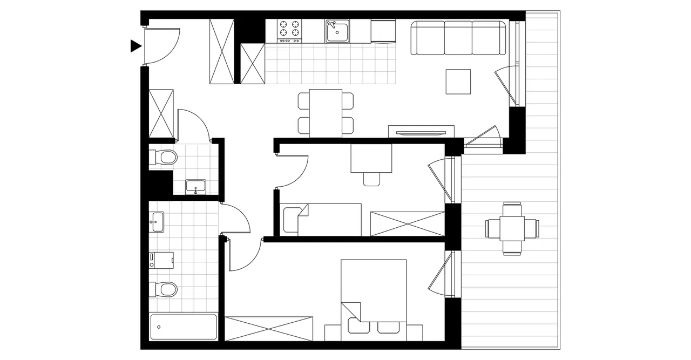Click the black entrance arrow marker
(136, 46)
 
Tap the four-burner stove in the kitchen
(289, 31)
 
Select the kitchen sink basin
(337, 31)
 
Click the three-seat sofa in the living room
(459, 38)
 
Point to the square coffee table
(458, 81)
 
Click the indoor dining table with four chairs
(326, 113)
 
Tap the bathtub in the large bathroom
(183, 327)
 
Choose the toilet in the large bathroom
(164, 290)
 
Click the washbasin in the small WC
(195, 187)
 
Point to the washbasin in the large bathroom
(157, 221)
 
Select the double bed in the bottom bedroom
(374, 300)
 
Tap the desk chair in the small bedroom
(371, 179)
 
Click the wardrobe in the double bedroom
(269, 329)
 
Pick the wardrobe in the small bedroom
(407, 224)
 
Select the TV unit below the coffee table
(421, 131)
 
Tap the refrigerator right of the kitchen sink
(383, 31)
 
